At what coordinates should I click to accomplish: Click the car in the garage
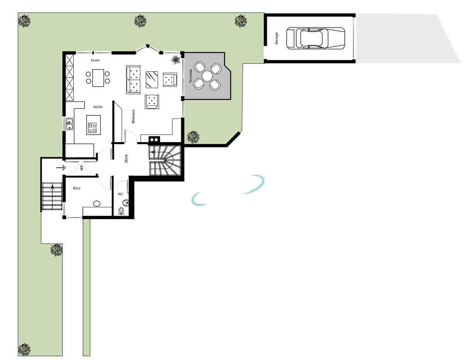pos(315,38)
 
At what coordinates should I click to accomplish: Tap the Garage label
pos(277,38)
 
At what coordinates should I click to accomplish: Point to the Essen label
pos(95,60)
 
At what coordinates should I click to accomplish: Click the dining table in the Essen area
pos(98,77)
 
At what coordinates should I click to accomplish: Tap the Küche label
pos(98,107)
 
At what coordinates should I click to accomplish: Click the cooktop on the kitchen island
pos(93,128)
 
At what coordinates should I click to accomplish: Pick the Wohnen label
pos(133,117)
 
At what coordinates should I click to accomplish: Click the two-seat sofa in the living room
pos(133,79)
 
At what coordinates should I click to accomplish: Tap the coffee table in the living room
pos(152,79)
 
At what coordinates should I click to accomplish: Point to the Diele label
pos(126,158)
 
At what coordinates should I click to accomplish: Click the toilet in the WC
pos(121,211)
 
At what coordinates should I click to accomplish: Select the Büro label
pos(77,188)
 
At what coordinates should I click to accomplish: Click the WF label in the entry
pos(82,168)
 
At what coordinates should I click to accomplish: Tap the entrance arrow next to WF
pos(61,168)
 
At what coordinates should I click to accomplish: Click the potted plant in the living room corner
pos(176,60)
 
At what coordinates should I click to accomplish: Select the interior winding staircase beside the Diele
pos(165,160)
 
